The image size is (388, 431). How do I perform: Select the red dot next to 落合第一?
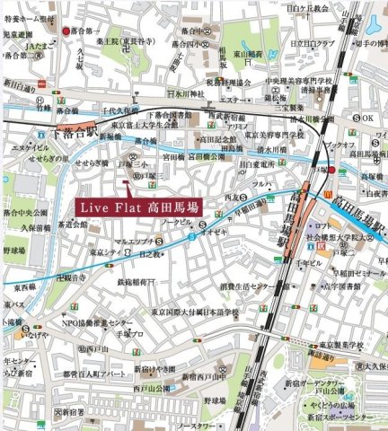tap(67, 31)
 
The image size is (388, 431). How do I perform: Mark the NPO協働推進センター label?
tap(95, 322)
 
